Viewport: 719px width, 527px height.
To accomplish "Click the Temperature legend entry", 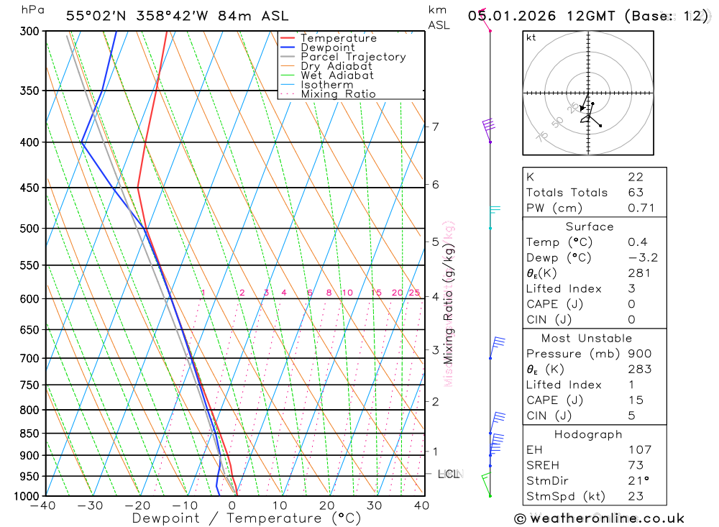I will tap(338, 39).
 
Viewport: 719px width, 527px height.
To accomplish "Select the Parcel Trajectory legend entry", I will tap(352, 57).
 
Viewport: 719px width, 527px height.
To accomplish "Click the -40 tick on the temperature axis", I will tap(44, 505).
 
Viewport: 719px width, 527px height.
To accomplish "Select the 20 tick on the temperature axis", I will tap(327, 505).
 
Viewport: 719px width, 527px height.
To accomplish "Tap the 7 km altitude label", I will tap(435, 127).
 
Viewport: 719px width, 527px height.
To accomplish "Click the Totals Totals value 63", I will tap(636, 193).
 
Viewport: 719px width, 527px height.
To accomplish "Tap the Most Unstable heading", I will tap(587, 338).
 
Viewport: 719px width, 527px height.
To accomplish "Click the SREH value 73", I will tap(636, 465).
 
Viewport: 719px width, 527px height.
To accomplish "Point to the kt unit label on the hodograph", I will tap(531, 37).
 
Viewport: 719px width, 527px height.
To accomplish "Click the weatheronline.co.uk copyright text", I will tap(599, 518).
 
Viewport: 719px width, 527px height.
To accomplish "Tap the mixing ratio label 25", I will tap(414, 293).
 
